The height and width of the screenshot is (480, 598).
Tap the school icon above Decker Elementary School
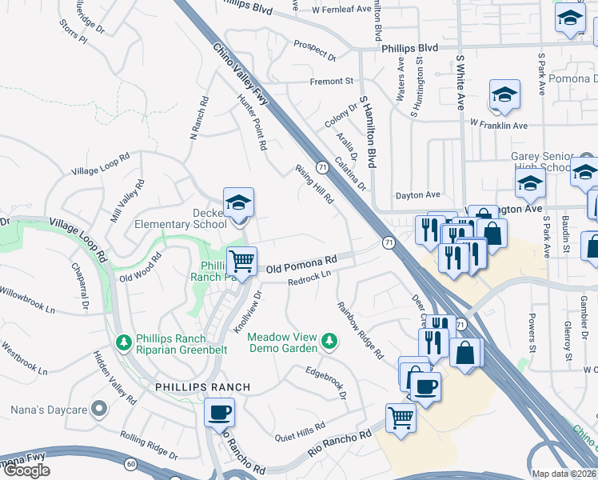(238, 204)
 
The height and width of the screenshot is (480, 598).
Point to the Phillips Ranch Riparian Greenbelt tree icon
(124, 342)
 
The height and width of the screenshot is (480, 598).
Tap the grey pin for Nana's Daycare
(99, 410)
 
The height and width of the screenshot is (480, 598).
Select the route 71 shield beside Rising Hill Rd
(321, 167)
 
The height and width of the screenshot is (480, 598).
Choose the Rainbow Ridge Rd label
(357, 330)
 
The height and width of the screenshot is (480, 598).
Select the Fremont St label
(332, 82)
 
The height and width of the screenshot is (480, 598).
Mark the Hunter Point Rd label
(251, 122)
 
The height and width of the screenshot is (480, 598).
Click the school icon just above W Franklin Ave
(505, 95)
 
